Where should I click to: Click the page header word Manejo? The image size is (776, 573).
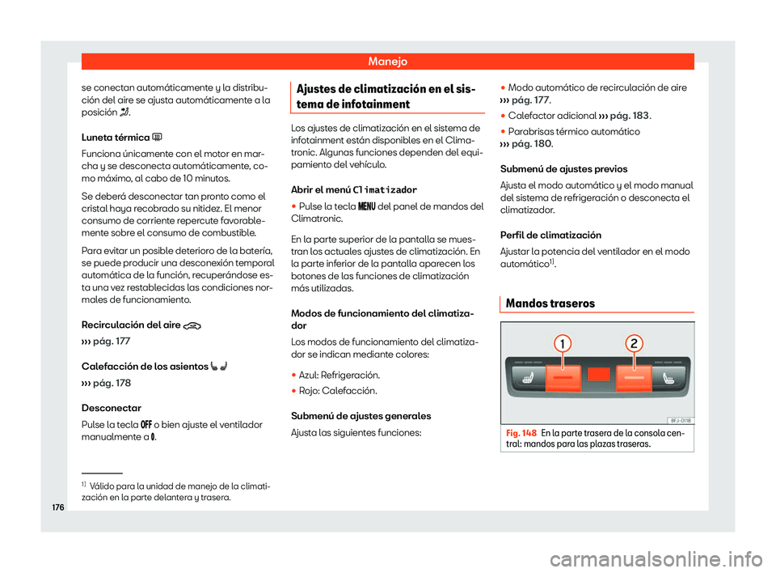(388, 61)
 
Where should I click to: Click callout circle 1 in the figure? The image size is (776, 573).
(559, 344)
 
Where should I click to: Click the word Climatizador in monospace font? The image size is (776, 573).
(386, 189)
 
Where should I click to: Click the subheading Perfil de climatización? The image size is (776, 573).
(555, 235)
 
